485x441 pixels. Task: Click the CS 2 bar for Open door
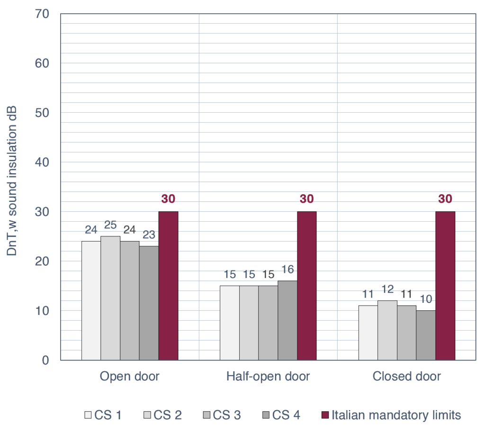110,298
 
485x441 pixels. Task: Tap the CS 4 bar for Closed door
426,335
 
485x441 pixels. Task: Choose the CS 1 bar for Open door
91,300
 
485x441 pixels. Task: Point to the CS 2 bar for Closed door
387,330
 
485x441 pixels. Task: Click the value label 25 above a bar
110,225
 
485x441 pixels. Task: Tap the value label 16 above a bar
287,270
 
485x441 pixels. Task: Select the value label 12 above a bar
387,289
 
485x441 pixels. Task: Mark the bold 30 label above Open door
168,199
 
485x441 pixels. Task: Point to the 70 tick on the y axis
42,14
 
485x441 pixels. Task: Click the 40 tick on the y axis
42,162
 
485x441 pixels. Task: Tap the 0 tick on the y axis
45,360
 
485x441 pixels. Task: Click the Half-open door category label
268,377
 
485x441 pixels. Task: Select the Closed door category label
406,377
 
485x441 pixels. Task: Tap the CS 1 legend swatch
88,415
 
